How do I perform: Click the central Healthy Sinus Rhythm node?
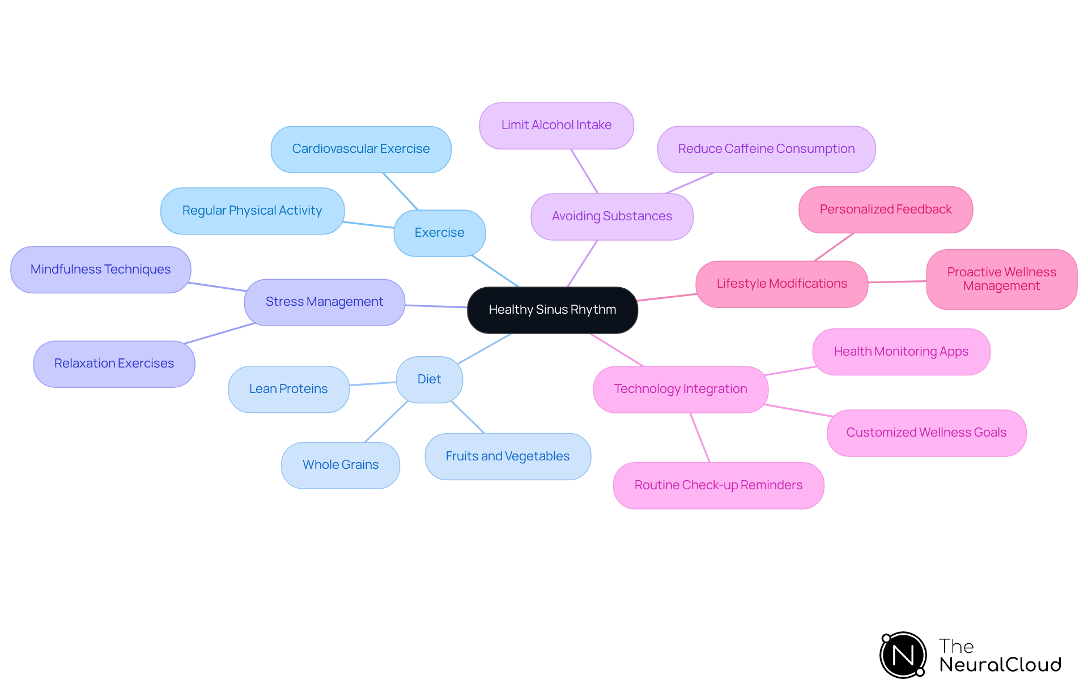tap(552, 310)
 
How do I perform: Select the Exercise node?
tap(439, 233)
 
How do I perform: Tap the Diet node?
tap(429, 379)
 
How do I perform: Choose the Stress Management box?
tap(324, 302)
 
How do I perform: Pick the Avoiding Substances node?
tap(611, 216)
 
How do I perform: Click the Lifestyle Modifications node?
tap(781, 284)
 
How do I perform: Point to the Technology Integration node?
tap(680, 389)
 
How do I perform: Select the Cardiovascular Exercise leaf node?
tap(360, 149)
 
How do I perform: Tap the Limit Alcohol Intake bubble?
tap(556, 125)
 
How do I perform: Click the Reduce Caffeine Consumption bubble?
tap(766, 149)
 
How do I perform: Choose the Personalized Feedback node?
tap(885, 210)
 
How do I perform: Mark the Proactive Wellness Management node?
tap(1001, 279)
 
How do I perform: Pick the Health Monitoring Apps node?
tap(901, 352)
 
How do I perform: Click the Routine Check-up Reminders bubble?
tap(718, 485)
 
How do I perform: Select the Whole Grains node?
tap(340, 465)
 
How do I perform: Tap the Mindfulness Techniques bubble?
tap(100, 270)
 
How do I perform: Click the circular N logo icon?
tap(903, 655)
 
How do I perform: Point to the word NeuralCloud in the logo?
tap(1000, 665)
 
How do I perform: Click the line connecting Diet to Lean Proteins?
tap(372, 384)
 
